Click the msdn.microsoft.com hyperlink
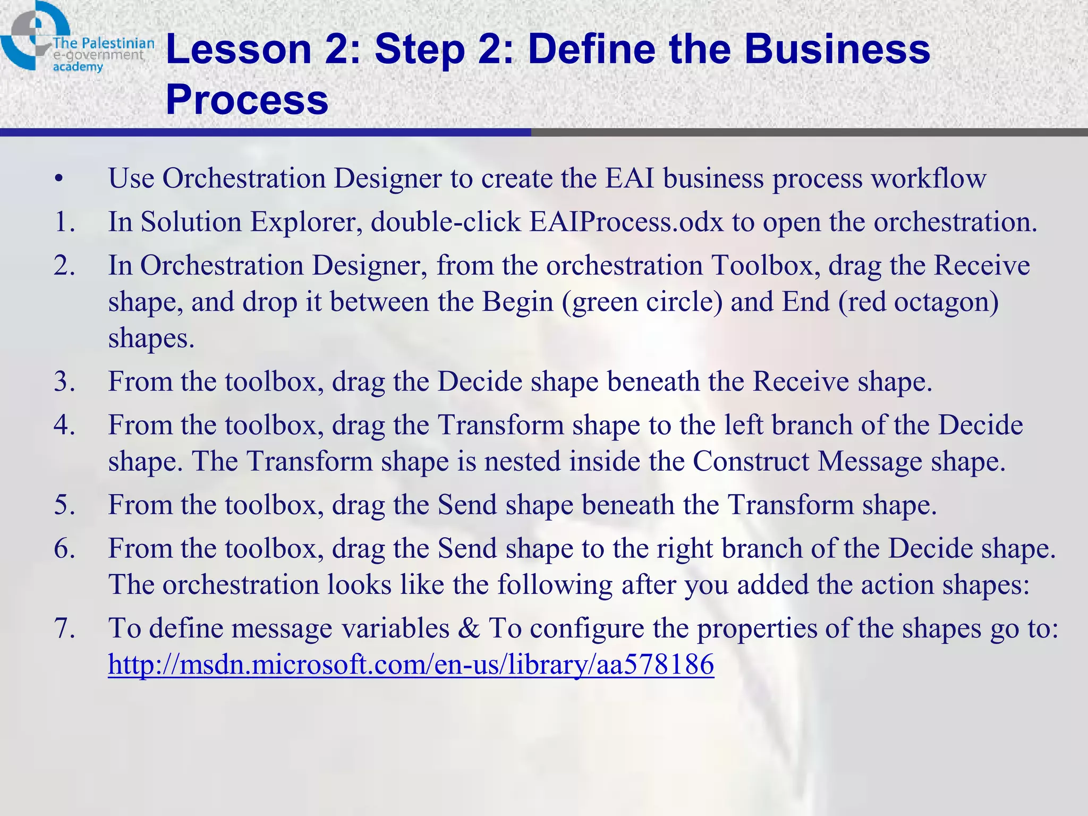pos(411,664)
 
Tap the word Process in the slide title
pos(247,99)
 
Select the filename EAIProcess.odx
pos(626,222)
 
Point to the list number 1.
pos(64,222)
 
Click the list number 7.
pos(64,628)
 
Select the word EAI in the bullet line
pos(629,178)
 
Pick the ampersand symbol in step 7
pos(469,628)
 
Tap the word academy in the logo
pos(78,67)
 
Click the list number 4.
pos(64,425)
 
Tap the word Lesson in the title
pos(239,49)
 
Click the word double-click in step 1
pos(445,222)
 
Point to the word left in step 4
pos(746,425)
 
